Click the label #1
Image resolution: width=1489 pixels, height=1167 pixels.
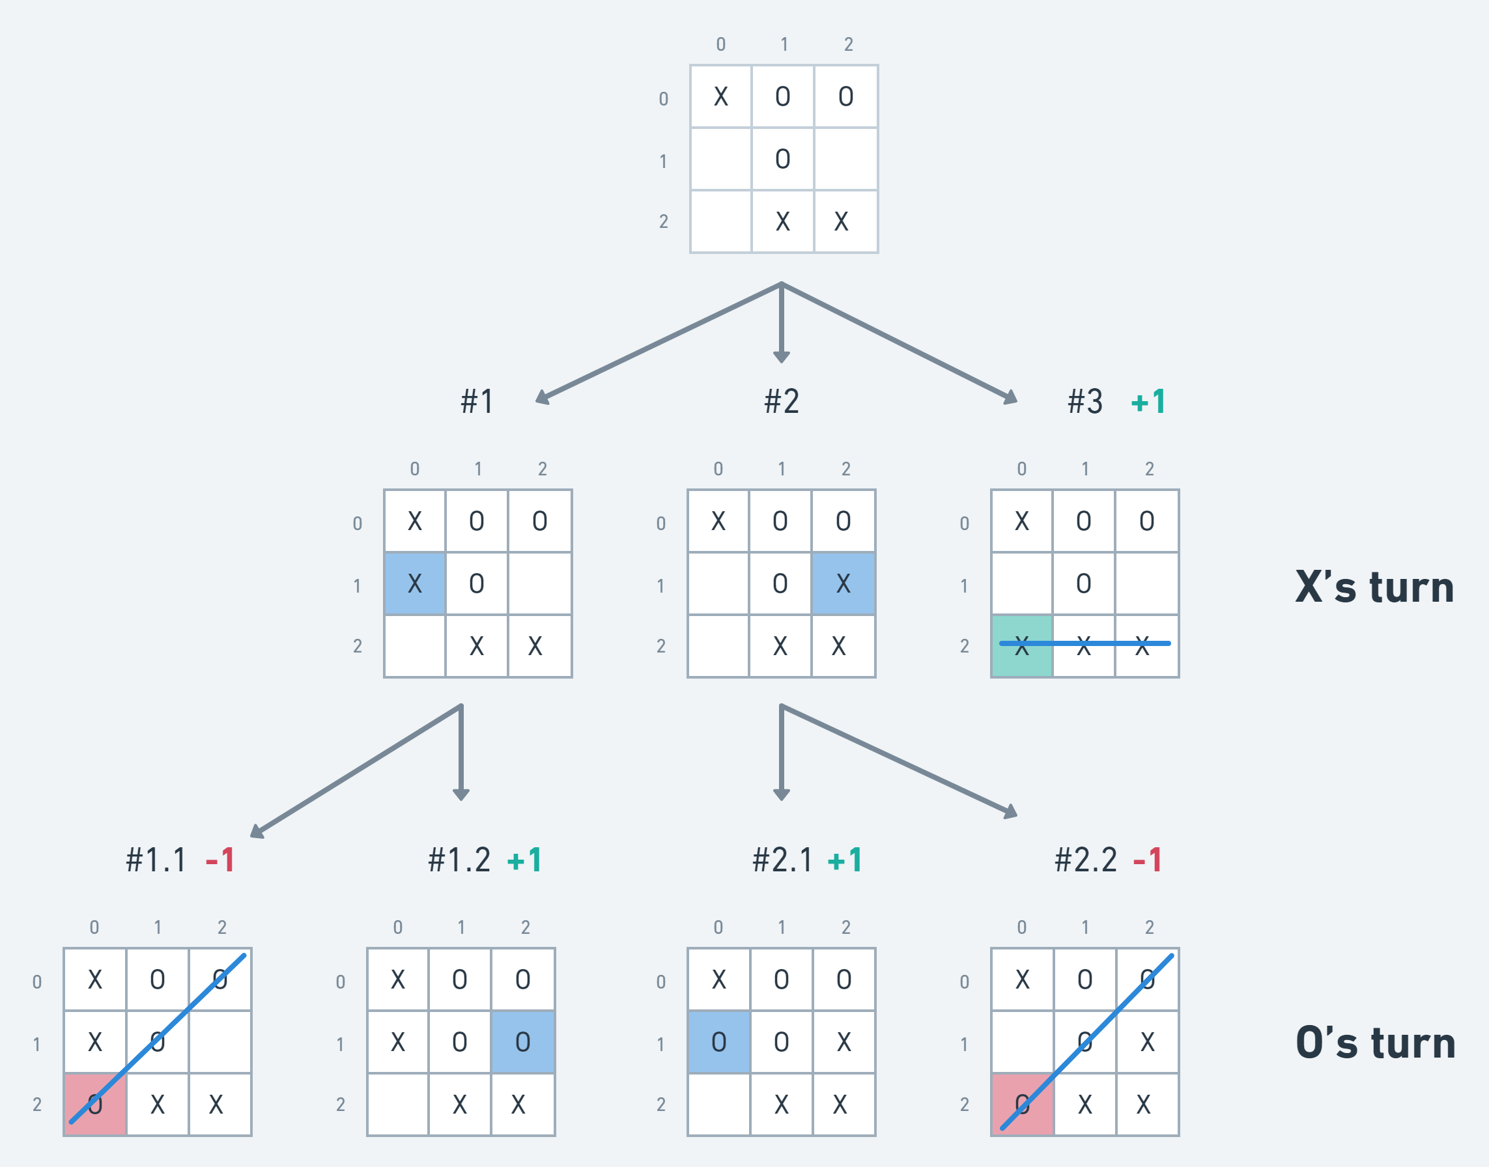[477, 402]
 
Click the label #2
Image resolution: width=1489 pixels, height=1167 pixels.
[781, 402]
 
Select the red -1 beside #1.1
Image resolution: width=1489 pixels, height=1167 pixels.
[220, 860]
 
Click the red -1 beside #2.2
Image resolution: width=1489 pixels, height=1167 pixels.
[1147, 860]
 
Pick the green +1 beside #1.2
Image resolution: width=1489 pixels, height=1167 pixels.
[525, 860]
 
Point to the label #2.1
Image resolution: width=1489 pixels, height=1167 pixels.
[782, 860]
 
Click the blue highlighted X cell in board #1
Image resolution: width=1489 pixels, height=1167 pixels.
[415, 583]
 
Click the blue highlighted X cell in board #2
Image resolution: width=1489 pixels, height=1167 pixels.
[844, 583]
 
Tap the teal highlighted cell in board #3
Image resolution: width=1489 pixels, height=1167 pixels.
[1021, 645]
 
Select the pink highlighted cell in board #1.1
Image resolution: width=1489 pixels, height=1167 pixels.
[95, 1104]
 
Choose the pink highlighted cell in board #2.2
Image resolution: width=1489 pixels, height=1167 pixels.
[1022, 1104]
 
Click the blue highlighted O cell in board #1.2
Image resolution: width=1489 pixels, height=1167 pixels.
[523, 1042]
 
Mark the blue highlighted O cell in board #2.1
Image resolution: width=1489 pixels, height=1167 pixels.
[719, 1042]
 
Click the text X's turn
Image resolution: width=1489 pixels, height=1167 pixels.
[1374, 587]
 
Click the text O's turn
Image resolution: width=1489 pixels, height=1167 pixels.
[1375, 1043]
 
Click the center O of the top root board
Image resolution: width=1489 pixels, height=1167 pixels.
[782, 159]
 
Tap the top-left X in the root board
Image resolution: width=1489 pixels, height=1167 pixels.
[721, 97]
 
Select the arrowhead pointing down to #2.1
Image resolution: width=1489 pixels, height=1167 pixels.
[781, 794]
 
